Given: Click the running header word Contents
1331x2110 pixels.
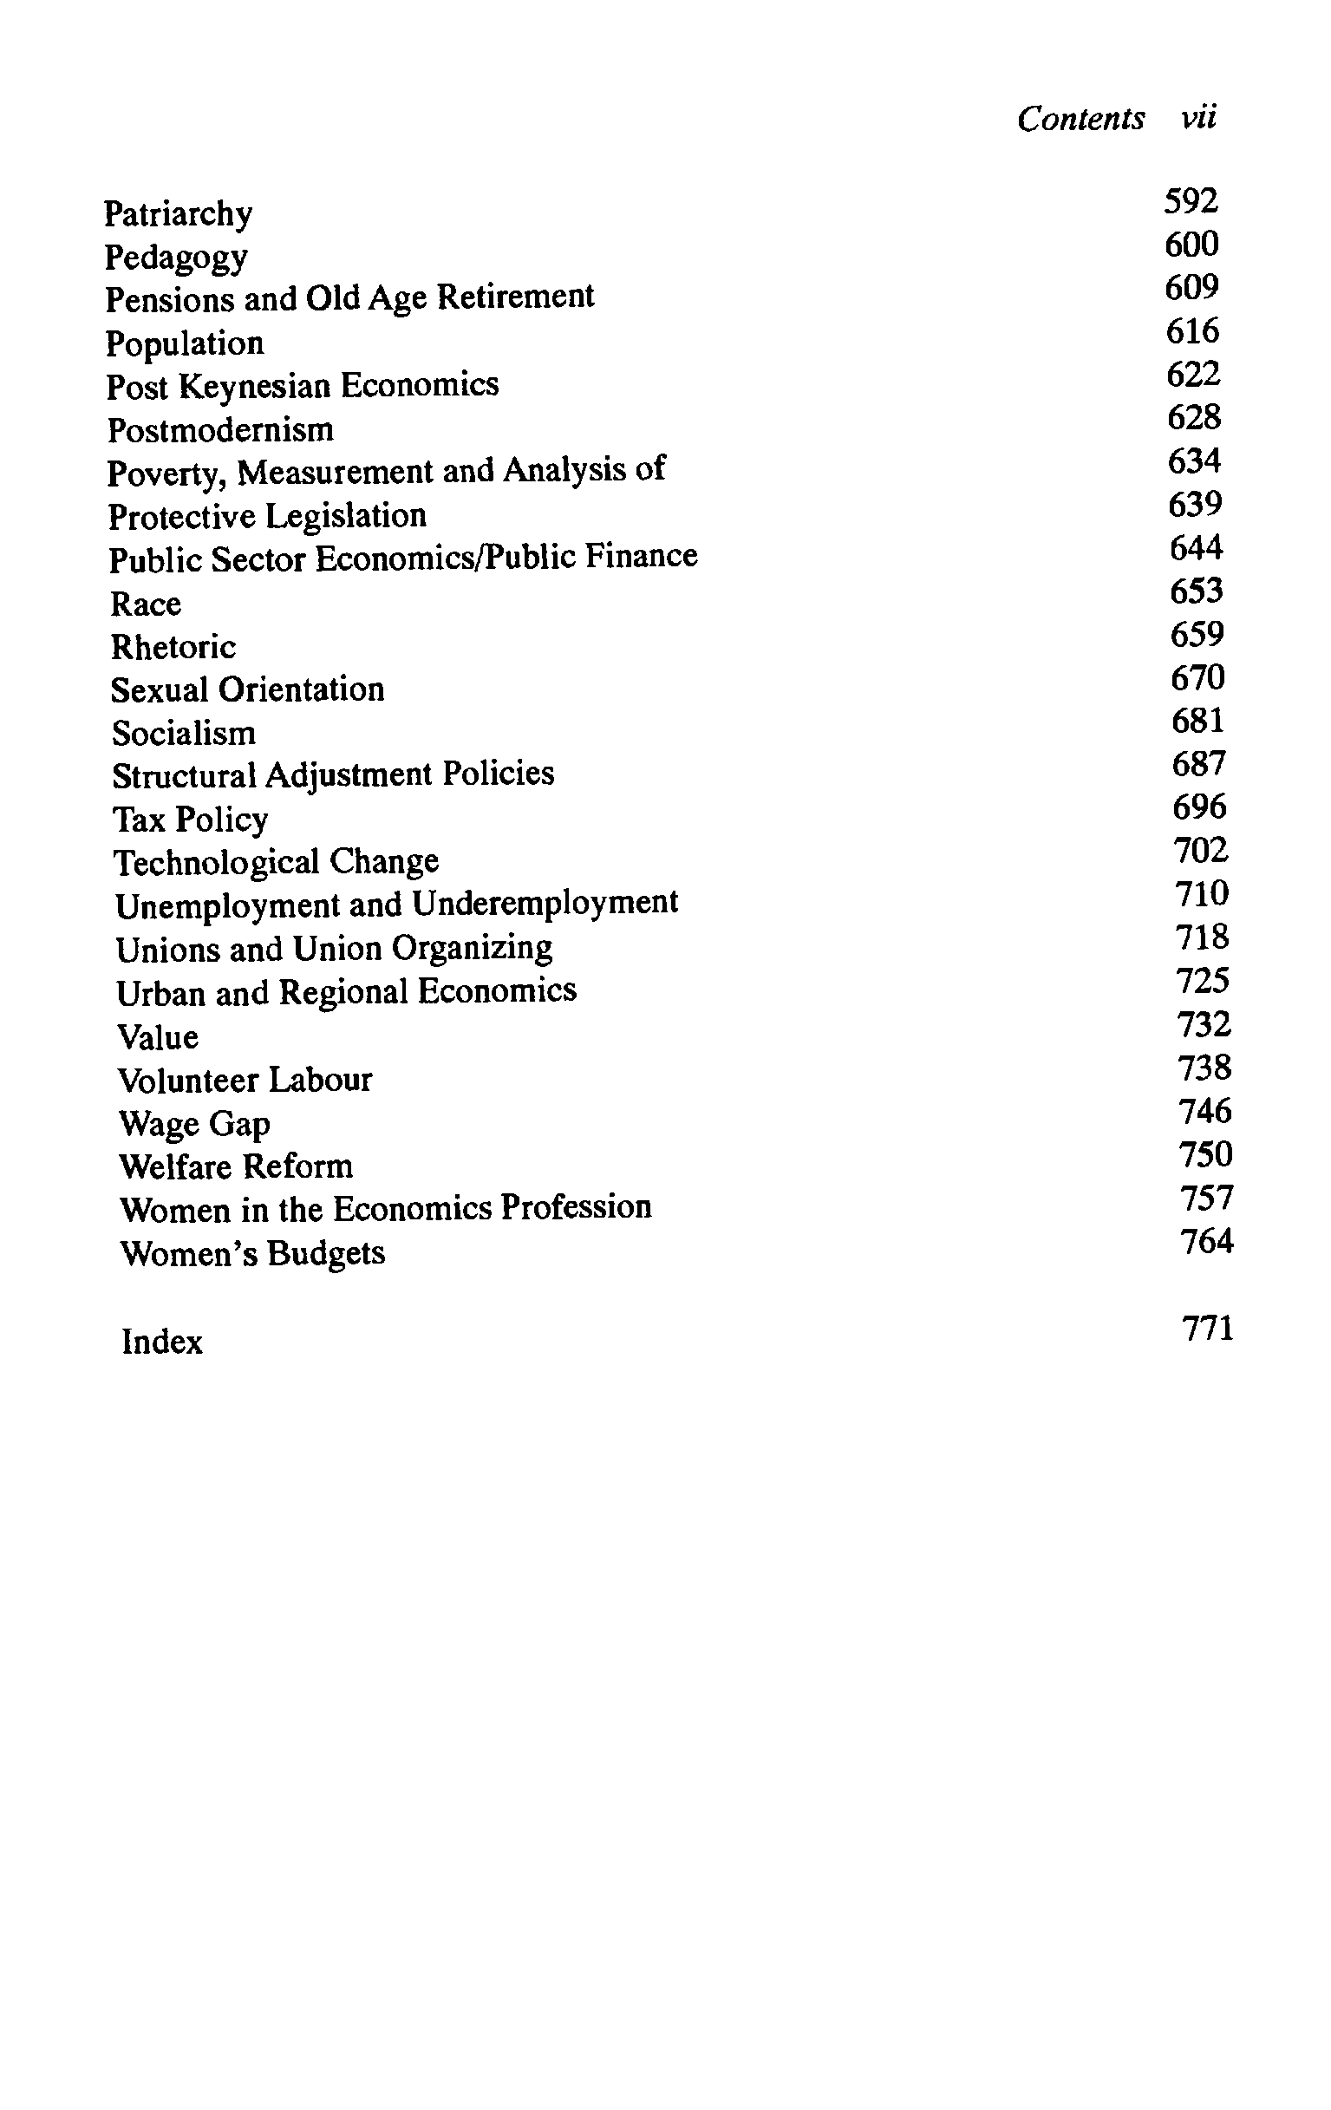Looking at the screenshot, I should (x=1080, y=118).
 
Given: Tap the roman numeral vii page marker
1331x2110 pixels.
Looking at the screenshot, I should (x=1197, y=116).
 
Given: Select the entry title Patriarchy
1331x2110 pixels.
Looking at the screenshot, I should (x=178, y=214).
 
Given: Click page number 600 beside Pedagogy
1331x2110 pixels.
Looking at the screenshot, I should (x=1191, y=245).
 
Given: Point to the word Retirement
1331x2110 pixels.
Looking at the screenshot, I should (x=515, y=297).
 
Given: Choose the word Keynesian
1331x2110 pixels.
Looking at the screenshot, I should (x=255, y=387).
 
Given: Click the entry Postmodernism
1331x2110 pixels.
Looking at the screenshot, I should (x=220, y=429).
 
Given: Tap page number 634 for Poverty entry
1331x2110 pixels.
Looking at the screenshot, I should (x=1194, y=461).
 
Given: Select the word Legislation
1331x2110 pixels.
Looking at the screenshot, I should (x=346, y=515).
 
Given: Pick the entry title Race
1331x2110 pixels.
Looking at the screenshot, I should (x=146, y=604).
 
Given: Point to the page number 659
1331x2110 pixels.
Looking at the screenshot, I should (x=1197, y=635).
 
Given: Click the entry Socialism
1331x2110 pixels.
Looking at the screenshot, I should (x=184, y=733).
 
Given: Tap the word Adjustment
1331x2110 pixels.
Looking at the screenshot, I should (x=348, y=774).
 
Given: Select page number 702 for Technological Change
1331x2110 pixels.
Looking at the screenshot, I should (x=1200, y=850).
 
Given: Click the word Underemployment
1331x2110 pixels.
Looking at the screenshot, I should (x=545, y=903).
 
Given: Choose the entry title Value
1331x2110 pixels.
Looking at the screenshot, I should (x=158, y=1037).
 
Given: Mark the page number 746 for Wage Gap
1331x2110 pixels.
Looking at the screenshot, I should (x=1204, y=1111).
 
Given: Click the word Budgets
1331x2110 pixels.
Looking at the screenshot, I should (x=326, y=1253).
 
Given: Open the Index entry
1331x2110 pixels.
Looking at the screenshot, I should (x=162, y=1342).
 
